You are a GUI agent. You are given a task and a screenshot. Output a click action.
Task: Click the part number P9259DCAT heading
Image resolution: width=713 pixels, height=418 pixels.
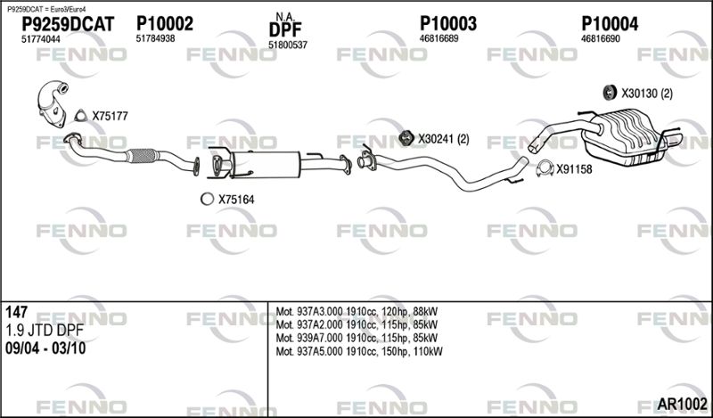pyautogui.click(x=69, y=24)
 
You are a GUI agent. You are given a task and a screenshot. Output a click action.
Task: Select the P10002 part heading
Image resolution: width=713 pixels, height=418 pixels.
pyautogui.click(x=165, y=24)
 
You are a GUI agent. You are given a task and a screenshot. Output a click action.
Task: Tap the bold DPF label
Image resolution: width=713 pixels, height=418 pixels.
pyautogui.click(x=285, y=30)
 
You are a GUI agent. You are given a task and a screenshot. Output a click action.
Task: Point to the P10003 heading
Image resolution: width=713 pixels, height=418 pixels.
pyautogui.click(x=448, y=24)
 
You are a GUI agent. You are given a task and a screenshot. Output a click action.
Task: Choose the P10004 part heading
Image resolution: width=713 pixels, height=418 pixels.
pyautogui.click(x=610, y=24)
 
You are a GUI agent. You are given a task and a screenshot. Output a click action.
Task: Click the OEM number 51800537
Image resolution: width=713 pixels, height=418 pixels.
pyautogui.click(x=288, y=45)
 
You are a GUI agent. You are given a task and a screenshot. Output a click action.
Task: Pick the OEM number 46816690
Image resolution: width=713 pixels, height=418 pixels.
pyautogui.click(x=600, y=38)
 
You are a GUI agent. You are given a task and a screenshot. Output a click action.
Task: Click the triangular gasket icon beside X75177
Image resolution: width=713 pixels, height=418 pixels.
pyautogui.click(x=80, y=116)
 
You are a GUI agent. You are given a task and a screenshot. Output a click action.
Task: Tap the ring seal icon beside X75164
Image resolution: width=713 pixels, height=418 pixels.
pyautogui.click(x=207, y=199)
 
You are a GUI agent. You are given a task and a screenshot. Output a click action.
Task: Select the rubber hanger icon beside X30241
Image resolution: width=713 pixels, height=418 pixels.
pyautogui.click(x=406, y=138)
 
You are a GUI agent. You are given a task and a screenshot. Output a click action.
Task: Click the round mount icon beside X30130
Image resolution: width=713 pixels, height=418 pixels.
pyautogui.click(x=609, y=93)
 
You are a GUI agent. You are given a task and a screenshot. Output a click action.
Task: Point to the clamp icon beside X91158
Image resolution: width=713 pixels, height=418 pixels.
pyautogui.click(x=545, y=168)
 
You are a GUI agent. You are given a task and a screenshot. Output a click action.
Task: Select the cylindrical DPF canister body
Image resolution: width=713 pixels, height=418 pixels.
pyautogui.click(x=265, y=164)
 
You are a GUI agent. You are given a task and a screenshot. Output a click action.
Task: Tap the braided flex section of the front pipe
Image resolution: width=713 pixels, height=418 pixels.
pyautogui.click(x=142, y=156)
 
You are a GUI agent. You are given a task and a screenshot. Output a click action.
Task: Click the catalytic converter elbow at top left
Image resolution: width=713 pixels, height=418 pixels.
pyautogui.click(x=53, y=103)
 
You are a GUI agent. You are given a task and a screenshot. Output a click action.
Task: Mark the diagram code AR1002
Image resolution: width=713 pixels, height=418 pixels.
pyautogui.click(x=682, y=403)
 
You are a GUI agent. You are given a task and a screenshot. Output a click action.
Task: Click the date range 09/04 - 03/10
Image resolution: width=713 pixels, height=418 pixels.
pyautogui.click(x=45, y=348)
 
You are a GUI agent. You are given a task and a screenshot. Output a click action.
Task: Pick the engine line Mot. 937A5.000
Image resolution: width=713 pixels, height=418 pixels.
pyautogui.click(x=359, y=351)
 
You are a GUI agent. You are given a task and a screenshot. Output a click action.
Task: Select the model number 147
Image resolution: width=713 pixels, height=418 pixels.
pyautogui.click(x=16, y=312)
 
